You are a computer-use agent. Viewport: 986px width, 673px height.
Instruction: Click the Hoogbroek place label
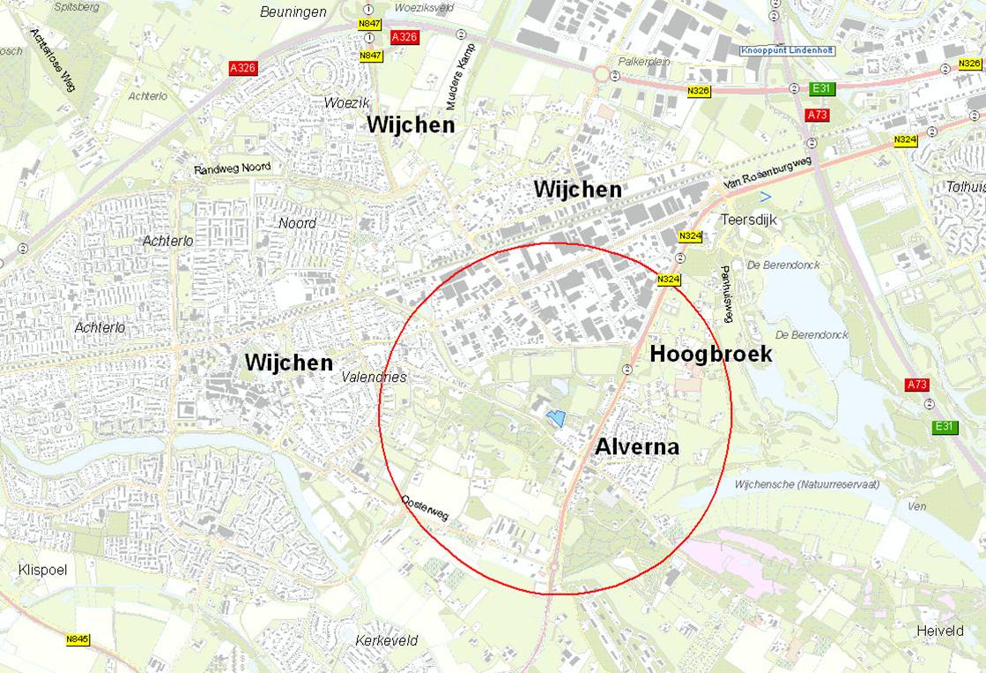pos(710,355)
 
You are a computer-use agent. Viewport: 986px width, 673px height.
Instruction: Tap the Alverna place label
pos(636,447)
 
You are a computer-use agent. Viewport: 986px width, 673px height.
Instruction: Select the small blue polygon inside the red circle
pos(555,418)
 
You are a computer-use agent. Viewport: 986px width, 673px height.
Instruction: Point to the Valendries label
pos(374,378)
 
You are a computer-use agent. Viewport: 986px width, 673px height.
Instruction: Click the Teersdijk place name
pos(749,220)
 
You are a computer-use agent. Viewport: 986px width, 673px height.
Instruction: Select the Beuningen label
pos(293,12)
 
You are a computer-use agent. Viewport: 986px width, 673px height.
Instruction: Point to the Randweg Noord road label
pos(233,168)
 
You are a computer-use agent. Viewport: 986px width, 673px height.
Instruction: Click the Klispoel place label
pos(42,570)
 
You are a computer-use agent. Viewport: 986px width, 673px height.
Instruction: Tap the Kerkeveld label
pos(387,640)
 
